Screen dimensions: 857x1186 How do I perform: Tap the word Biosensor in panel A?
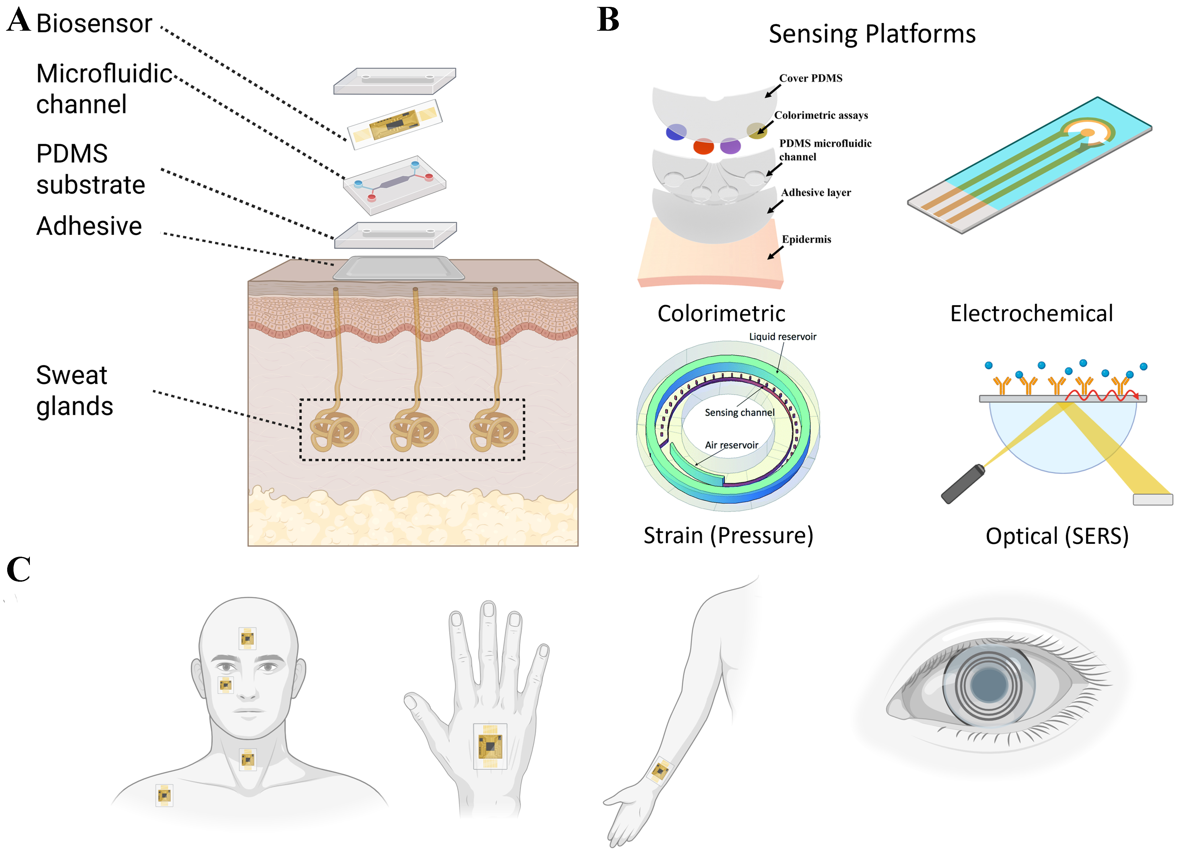(x=94, y=24)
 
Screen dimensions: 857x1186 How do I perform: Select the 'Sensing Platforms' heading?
(x=872, y=34)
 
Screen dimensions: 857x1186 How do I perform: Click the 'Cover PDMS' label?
(x=810, y=78)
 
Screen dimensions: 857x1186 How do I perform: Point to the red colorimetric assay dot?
(x=703, y=146)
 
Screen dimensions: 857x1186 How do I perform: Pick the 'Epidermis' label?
(x=806, y=240)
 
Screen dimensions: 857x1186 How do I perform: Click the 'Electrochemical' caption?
(x=1031, y=314)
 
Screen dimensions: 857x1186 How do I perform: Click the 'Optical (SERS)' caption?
(x=1057, y=536)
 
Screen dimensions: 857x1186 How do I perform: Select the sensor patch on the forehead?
(x=247, y=638)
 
